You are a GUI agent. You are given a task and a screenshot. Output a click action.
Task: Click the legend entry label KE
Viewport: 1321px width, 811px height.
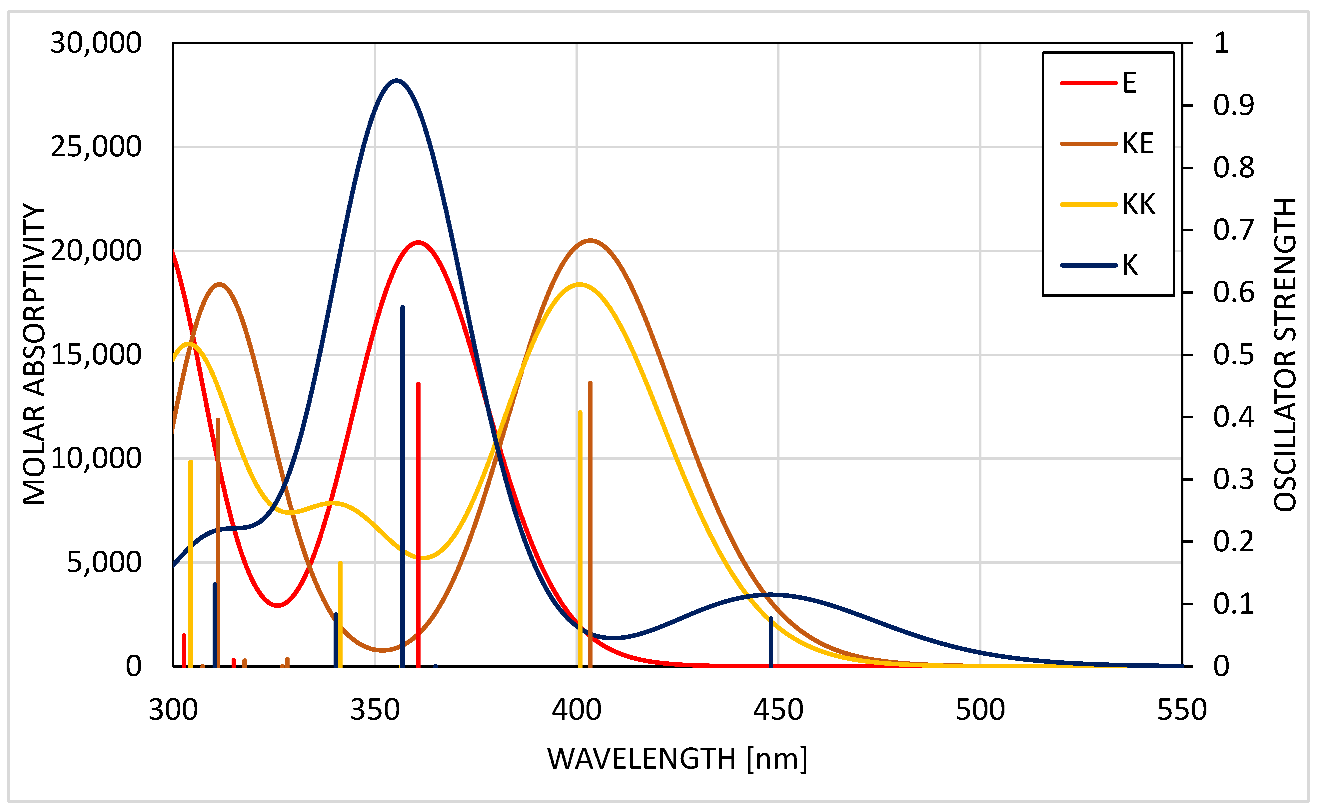click(1138, 144)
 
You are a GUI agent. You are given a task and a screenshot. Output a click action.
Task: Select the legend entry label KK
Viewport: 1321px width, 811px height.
click(1139, 204)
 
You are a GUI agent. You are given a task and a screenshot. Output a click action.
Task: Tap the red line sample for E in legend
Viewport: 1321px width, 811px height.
click(1088, 83)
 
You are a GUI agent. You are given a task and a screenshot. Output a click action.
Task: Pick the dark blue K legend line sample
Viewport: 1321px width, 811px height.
click(1088, 265)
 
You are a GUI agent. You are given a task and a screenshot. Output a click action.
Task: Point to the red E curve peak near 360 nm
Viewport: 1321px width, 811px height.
click(418, 242)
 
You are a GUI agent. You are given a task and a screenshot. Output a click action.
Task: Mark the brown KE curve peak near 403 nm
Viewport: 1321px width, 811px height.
click(590, 240)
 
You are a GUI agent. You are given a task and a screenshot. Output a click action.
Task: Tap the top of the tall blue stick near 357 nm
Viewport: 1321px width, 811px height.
click(403, 307)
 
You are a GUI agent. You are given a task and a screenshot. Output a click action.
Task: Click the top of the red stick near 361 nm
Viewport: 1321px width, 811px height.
click(418, 384)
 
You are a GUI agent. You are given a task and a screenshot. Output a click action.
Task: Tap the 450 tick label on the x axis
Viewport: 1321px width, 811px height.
click(778, 710)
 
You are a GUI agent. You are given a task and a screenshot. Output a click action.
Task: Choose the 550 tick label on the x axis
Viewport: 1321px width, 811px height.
click(1182, 710)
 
